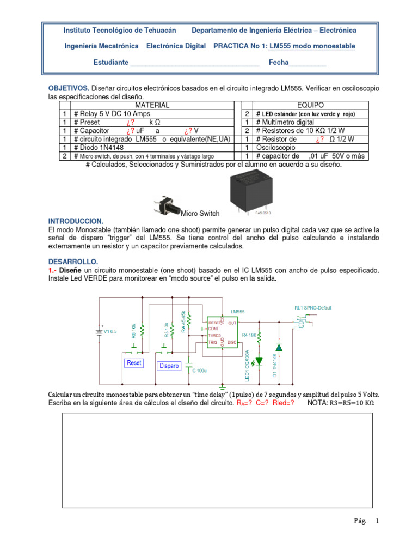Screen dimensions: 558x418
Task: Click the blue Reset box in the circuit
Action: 133,362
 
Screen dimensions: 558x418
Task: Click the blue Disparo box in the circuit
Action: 169,366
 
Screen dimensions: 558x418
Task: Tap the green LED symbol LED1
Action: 259,360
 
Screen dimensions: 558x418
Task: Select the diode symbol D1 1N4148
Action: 279,347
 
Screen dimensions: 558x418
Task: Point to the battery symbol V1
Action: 99,332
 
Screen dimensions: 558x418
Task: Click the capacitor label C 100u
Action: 199,370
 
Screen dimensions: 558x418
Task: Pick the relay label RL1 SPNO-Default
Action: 312,308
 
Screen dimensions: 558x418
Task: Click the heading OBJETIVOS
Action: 69,88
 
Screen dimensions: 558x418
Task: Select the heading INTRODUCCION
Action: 76,221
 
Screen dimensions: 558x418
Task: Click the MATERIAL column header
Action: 152,105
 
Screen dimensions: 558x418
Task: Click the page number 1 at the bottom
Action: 376,520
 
